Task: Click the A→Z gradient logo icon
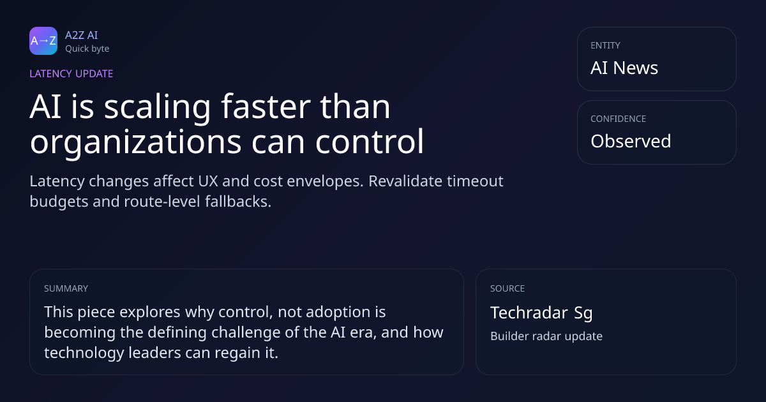[43, 41]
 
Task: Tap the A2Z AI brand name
[82, 35]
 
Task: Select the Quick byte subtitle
[87, 49]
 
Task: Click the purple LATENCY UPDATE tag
[71, 74]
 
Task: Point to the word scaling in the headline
[157, 108]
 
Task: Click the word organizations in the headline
[136, 142]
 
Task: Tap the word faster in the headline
[266, 107]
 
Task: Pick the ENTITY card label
[605, 45]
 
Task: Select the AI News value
[624, 68]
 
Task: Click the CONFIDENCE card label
[619, 119]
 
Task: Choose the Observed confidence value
[631, 141]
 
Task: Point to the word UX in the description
[208, 181]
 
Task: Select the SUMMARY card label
[66, 288]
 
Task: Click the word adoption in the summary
[338, 313]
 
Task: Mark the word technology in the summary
[84, 353]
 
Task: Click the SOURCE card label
[507, 288]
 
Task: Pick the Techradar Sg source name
[541, 313]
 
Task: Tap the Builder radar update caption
[546, 336]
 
